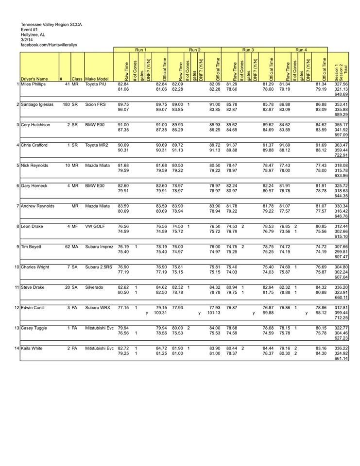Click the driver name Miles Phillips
tap(33, 84)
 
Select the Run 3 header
tap(248, 50)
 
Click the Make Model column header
tap(97, 79)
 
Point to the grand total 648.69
tap(341, 94)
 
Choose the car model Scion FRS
tap(95, 104)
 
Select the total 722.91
tap(341, 155)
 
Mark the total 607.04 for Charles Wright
tap(341, 277)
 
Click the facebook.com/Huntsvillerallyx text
tap(49, 45)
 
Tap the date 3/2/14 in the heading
tap(27, 39)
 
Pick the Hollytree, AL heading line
tap(32, 34)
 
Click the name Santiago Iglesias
tap(38, 104)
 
